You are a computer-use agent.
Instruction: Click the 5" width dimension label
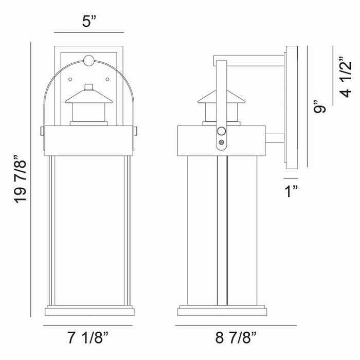tap(90, 22)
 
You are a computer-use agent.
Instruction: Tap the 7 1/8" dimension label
tap(88, 338)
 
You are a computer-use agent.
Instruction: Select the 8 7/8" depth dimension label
tap(236, 338)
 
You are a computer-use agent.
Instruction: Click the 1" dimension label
tap(292, 192)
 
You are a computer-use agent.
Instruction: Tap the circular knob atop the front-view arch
tap(88, 61)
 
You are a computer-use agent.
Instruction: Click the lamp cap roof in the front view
tap(88, 96)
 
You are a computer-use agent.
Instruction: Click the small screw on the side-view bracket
tap(221, 142)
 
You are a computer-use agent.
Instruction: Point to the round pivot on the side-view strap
tap(221, 131)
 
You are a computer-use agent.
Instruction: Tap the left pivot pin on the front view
tap(41, 132)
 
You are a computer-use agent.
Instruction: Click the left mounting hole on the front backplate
tap(70, 79)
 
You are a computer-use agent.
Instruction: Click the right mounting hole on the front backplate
tap(108, 79)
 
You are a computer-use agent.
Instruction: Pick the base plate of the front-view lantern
tap(88, 311)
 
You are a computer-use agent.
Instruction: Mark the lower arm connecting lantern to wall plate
tap(274, 137)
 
